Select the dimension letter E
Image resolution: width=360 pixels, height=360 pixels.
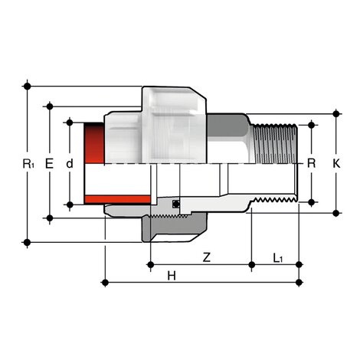[x=50, y=163]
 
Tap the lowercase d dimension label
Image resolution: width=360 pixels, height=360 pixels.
[x=69, y=163]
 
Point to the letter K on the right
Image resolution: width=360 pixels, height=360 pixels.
[x=335, y=163]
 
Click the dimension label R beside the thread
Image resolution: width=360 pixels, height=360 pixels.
[x=311, y=163]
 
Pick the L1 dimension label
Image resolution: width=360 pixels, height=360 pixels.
[x=277, y=258]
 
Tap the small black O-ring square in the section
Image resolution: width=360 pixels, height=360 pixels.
[x=176, y=204]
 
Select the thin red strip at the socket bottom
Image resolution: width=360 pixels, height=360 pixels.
[x=93, y=200]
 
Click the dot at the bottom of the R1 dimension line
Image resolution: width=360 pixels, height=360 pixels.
[x=28, y=243]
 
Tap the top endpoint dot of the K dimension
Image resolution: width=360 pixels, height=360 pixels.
[x=335, y=113]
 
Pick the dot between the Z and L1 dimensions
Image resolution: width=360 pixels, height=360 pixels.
[x=253, y=266]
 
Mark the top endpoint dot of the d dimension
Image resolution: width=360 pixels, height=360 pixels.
[x=69, y=122]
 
